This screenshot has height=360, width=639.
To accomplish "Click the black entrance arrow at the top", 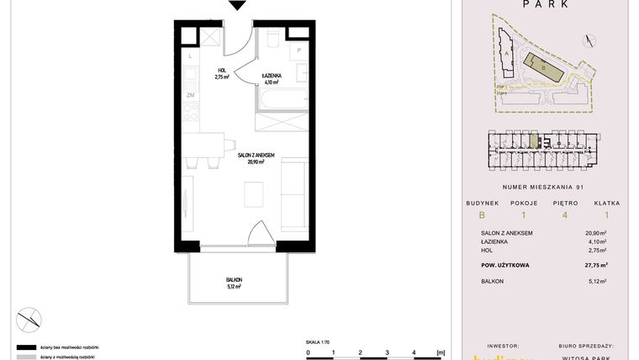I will [239, 6].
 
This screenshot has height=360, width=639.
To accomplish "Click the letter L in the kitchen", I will [190, 56].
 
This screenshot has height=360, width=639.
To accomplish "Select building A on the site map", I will [508, 53].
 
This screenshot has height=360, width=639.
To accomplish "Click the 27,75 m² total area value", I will [595, 264].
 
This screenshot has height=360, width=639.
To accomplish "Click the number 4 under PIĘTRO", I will [564, 217].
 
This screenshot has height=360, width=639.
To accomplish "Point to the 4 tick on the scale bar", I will [414, 353].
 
